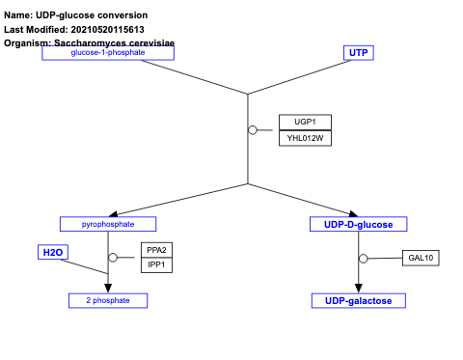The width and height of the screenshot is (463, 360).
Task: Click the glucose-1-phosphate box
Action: [x=107, y=52]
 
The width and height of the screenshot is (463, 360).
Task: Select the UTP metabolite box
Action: [x=358, y=52]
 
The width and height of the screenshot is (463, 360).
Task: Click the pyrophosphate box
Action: [x=107, y=224]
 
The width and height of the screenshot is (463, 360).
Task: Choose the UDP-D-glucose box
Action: [x=358, y=224]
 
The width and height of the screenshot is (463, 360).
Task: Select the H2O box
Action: [x=52, y=252]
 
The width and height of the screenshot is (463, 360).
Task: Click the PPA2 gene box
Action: [x=156, y=250]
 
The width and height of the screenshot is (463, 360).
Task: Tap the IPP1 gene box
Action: [x=156, y=264]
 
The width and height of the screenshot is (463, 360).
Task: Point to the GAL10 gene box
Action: [x=422, y=258]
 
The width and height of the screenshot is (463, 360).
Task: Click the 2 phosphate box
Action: [x=107, y=301]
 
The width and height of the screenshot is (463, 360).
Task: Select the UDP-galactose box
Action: [x=358, y=301]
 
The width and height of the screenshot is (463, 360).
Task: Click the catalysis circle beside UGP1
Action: [x=253, y=130]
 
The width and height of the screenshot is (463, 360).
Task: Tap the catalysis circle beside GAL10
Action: [x=364, y=259]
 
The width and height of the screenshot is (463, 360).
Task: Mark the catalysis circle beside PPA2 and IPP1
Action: [x=113, y=258]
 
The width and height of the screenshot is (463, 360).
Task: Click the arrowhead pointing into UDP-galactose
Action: [x=359, y=289]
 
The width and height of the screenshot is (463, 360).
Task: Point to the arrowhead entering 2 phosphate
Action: [x=108, y=289]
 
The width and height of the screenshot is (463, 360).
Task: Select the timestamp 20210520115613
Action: [x=109, y=29]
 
